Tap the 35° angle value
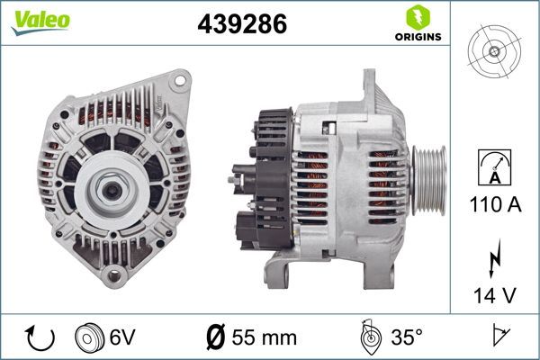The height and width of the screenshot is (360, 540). point(405,337)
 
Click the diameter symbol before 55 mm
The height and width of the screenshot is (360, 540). point(215,337)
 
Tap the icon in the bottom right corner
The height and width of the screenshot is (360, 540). point(499,337)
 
